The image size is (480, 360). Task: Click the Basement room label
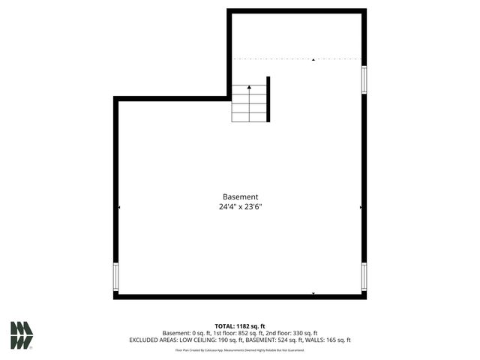pos(240,196)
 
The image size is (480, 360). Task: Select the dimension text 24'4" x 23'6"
pos(240,207)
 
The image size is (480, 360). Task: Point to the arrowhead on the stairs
pos(249,88)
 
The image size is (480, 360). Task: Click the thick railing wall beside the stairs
pos(268,98)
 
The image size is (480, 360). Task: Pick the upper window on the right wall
pos(364,79)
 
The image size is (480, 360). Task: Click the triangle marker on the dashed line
pos(313,59)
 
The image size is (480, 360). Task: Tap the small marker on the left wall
pos(119,207)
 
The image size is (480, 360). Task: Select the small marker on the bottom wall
pos(313,293)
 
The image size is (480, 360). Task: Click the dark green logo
pos(22,335)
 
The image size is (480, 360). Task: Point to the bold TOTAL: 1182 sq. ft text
pos(240,326)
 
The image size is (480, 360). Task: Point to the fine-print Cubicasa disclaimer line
pos(240,349)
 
